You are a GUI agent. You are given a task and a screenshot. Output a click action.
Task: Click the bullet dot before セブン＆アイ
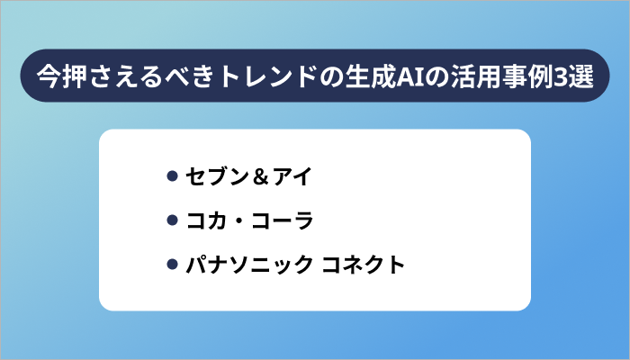(x=171, y=176)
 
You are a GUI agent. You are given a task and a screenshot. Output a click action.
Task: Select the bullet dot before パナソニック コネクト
(x=171, y=265)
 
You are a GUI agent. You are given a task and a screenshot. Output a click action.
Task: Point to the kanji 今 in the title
(x=48, y=76)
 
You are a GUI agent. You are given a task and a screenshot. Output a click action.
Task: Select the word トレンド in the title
(x=271, y=76)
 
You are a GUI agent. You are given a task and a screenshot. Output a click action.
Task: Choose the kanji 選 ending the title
(x=577, y=76)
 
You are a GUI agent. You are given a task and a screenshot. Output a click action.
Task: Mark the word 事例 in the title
(x=521, y=76)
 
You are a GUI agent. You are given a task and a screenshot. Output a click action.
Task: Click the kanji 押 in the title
(x=72, y=76)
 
